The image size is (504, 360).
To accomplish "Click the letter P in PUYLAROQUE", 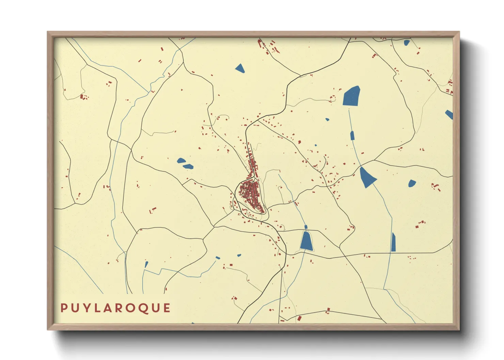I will tap(64, 308).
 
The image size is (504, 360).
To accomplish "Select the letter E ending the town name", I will tap(167, 308).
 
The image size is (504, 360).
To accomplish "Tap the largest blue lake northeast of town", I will tap(352, 96).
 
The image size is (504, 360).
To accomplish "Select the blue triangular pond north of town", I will tap(240, 68).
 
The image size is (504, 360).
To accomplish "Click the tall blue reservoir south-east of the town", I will tap(306, 241).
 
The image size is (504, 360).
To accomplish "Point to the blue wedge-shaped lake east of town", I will tap(367, 177).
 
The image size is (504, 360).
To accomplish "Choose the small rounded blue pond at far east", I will tap(412, 183).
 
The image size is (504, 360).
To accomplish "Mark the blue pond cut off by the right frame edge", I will tap(450, 114).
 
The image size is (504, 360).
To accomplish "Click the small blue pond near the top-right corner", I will tap(407, 43).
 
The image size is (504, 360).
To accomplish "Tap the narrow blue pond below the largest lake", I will tap(352, 135).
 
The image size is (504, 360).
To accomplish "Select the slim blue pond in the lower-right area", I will tap(393, 242).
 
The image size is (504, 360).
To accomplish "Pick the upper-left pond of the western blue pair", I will tap(181, 160).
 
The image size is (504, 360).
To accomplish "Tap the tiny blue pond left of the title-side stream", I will tap(146, 264).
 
